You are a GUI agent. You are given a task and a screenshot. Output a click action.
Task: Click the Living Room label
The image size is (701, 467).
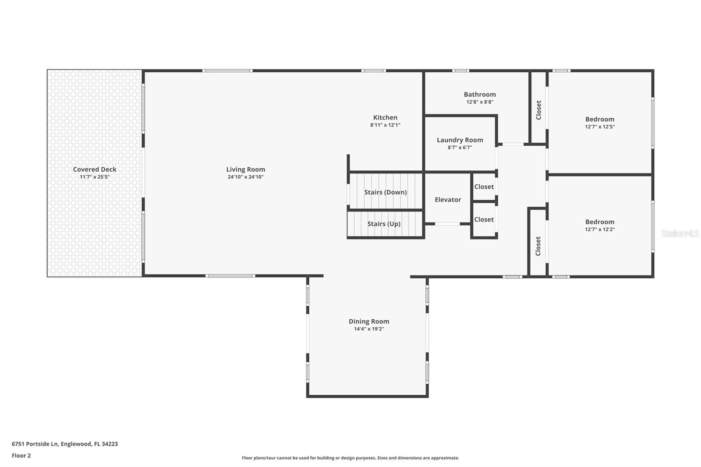pos(245,170)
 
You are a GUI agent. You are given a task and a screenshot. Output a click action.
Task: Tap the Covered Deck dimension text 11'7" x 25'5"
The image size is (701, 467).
pos(95,177)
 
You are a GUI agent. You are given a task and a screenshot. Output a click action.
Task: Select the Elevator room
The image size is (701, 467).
pos(447,199)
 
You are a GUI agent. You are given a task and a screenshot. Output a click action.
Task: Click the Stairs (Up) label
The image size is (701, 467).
pos(384,224)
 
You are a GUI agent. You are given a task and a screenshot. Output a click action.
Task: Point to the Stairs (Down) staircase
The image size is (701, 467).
pos(385,192)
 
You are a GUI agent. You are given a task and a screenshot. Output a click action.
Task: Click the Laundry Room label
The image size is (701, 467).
pos(460,140)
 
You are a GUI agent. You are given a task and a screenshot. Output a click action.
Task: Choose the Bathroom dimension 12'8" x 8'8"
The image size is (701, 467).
pos(480,102)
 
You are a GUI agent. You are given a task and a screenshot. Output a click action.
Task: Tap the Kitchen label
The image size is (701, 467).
pos(385,117)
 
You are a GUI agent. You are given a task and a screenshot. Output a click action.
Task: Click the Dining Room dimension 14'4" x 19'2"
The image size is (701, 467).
pos(369,329)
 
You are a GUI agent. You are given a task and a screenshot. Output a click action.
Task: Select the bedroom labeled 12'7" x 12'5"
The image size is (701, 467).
pos(599,123)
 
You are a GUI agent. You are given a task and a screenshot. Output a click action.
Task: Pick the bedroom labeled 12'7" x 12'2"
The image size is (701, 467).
pos(599,225)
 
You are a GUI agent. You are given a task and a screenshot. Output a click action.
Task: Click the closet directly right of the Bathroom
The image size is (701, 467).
pos(538,110)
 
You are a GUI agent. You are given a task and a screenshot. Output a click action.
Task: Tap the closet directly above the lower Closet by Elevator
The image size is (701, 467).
pos(484,187)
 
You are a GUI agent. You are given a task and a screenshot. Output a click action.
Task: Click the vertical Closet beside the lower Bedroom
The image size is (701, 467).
pos(538,246)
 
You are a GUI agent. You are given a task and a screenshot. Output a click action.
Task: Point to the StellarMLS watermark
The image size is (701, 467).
pos(680,233)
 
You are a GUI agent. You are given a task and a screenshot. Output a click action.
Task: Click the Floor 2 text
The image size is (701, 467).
pos(21,456)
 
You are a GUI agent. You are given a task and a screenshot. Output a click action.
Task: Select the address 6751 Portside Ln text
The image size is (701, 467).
pos(64,444)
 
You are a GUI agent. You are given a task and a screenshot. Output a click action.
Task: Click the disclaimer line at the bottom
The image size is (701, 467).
pos(350,458)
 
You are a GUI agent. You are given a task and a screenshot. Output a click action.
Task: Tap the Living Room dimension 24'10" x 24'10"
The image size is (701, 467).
pos(245,177)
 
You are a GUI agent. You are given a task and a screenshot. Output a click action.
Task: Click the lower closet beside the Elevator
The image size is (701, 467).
pos(484,219)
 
